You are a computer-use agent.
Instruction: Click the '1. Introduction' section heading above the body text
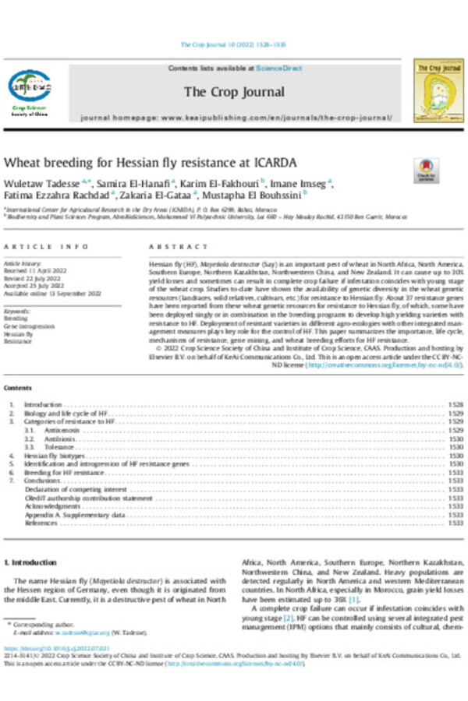point(30,562)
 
